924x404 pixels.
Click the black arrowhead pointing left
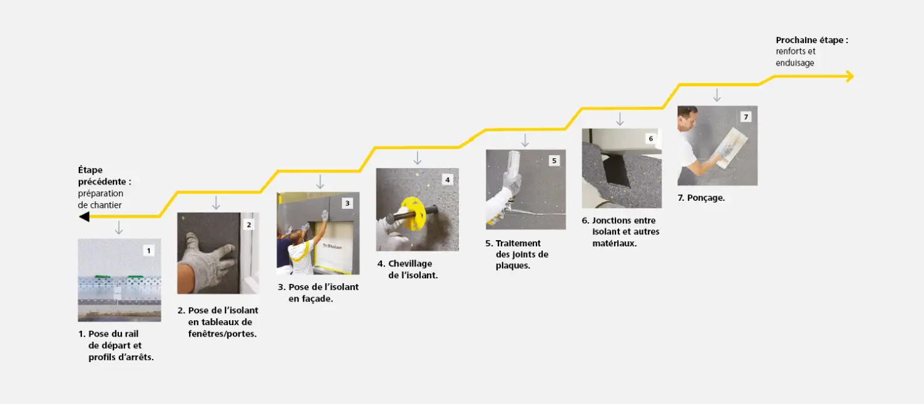(84, 216)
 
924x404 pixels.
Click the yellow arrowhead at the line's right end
(850, 76)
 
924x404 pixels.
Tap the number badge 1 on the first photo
(148, 251)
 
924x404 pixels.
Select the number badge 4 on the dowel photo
(447, 179)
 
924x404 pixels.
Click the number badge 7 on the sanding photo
(746, 117)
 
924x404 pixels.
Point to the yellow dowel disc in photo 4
(412, 213)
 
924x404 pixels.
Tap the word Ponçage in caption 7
(706, 198)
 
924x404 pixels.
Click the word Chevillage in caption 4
(410, 264)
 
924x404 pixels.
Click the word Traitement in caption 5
(518, 243)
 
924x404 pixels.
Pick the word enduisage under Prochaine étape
(795, 63)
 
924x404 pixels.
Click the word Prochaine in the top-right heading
(797, 40)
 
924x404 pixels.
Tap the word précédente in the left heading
(102, 182)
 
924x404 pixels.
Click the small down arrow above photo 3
(320, 181)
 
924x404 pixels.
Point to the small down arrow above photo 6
(620, 119)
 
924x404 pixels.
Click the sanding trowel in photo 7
(732, 148)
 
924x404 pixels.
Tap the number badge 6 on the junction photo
(650, 138)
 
